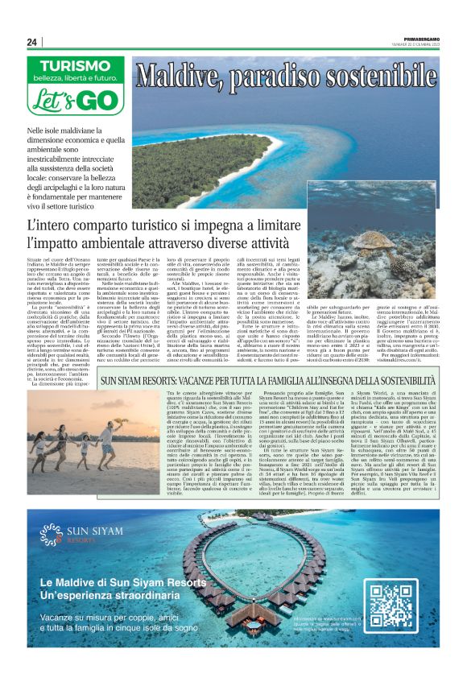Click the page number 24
(32, 43)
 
